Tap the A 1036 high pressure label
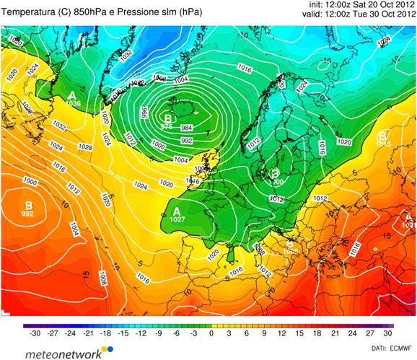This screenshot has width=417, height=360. pos(73,100)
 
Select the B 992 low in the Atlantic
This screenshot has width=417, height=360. pos(28,208)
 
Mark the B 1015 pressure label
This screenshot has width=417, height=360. pos(382,139)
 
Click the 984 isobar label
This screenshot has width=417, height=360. pos(186,127)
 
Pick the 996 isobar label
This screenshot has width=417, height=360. pos(144,112)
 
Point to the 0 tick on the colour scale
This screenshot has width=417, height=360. pos(211,334)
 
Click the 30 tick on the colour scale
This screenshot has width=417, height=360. pos(387,334)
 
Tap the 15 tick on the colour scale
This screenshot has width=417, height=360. pos(299,334)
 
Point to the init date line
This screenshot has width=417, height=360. pos(356,4)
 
